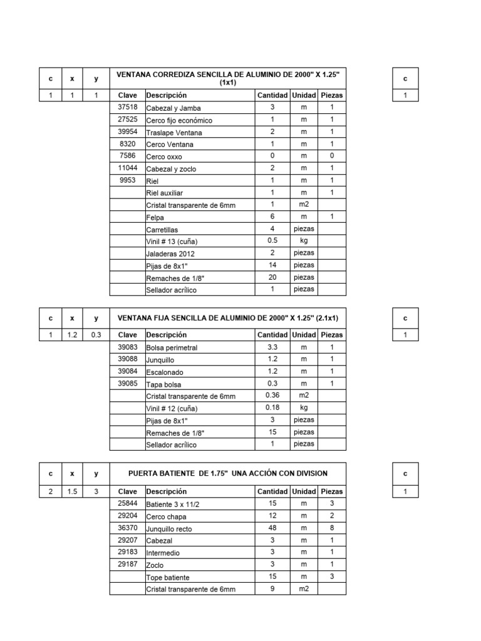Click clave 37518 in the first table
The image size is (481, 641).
pyautogui.click(x=127, y=107)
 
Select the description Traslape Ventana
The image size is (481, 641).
pyautogui.click(x=174, y=132)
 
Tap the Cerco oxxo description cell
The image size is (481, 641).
pyautogui.click(x=164, y=156)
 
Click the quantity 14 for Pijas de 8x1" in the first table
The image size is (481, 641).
pyautogui.click(x=272, y=265)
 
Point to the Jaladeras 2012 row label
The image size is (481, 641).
pyautogui.click(x=170, y=254)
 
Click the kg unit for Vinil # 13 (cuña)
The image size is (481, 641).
pyautogui.click(x=304, y=241)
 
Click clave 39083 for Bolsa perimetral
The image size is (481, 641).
pyautogui.click(x=127, y=347)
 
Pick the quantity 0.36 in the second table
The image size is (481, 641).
pyautogui.click(x=272, y=396)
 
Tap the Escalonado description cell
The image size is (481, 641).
pyautogui.click(x=165, y=371)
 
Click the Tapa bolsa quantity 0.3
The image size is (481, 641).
pyautogui.click(x=272, y=383)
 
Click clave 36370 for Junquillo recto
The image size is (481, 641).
pyautogui.click(x=127, y=528)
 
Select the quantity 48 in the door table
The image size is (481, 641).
pyautogui.click(x=272, y=528)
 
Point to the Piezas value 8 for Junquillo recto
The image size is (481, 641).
pyautogui.click(x=332, y=528)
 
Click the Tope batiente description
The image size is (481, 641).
pyautogui.click(x=168, y=577)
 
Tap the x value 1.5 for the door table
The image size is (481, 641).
pyautogui.click(x=72, y=491)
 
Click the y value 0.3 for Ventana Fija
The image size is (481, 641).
pyautogui.click(x=96, y=335)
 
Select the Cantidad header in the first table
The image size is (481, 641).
pyautogui.click(x=272, y=95)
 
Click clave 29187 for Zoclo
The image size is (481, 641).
pyautogui.click(x=127, y=564)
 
